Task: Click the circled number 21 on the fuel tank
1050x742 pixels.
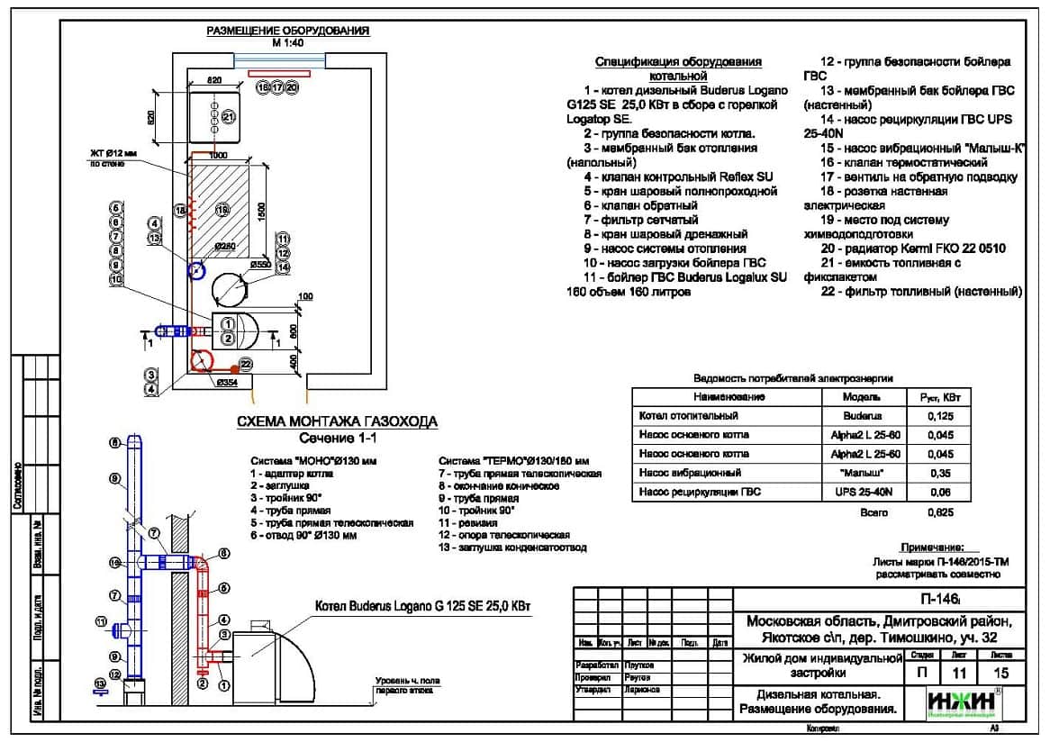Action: [228, 117]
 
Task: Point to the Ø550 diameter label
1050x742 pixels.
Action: [261, 265]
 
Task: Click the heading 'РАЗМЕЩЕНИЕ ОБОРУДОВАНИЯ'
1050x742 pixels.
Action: [288, 31]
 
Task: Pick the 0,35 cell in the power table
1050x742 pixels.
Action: [940, 472]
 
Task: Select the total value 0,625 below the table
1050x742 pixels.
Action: [940, 512]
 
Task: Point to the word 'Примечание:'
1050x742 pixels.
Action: [932, 547]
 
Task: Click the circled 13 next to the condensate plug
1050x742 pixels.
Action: [99, 683]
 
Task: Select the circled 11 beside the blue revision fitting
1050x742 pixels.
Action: [99, 621]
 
